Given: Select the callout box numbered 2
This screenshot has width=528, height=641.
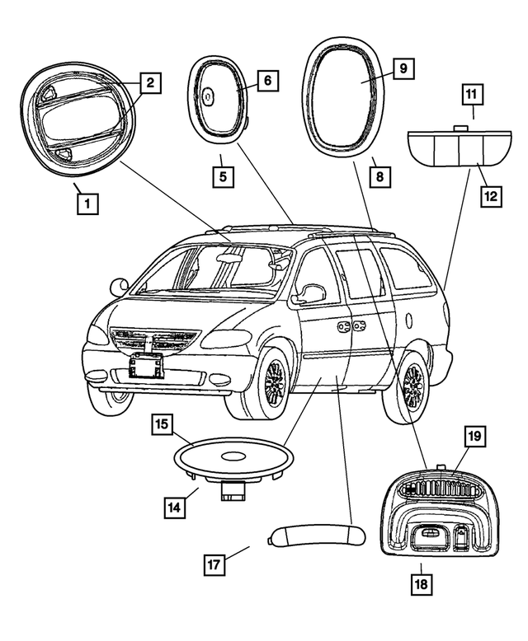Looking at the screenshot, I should point(150,82).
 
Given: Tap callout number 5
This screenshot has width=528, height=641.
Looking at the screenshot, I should point(220,175).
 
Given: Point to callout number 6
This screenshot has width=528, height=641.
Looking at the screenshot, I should point(268,81).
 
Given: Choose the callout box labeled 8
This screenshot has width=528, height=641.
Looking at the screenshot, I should point(379,175).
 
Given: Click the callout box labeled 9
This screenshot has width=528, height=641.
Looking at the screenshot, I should point(402,68).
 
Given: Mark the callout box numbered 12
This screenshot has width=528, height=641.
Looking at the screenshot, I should point(492,196).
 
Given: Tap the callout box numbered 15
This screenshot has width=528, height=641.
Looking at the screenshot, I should point(162,425).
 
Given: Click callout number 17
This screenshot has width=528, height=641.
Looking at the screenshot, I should point(214,565).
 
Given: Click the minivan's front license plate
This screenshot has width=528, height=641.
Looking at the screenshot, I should point(145,364).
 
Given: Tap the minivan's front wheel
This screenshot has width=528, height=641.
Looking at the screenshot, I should point(273,381).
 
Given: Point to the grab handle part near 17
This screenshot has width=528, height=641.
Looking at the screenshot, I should point(316,536).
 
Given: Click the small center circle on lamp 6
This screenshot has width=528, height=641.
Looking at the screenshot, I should point(209,96).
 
